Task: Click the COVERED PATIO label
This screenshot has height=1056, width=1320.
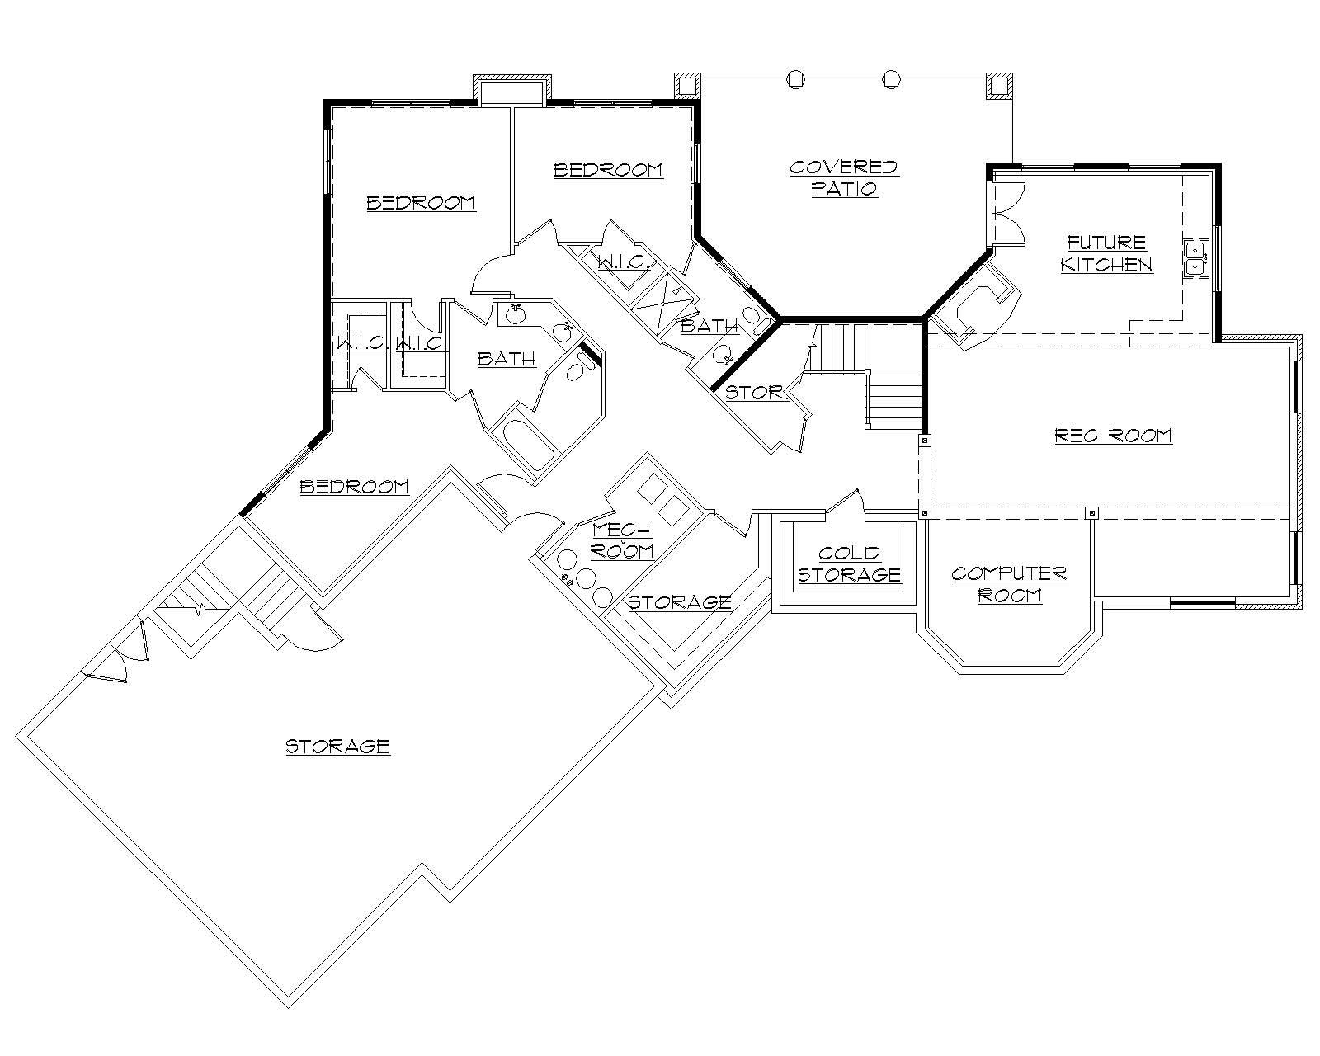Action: coord(843,177)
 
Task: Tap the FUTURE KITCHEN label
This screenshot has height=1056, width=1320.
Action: coord(1106,253)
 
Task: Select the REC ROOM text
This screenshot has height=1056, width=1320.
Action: coord(1113,436)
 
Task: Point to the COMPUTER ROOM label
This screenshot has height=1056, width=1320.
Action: coord(1009,584)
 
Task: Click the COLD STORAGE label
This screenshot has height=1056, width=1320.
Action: coord(849,563)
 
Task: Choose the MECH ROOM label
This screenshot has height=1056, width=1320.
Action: coord(622,540)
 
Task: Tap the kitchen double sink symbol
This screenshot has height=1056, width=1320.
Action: coord(1195,257)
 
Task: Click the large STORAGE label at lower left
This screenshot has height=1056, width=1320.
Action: coord(337,747)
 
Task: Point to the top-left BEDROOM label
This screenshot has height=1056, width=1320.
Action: coord(421,202)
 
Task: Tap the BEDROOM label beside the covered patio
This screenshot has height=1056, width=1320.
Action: coord(608,170)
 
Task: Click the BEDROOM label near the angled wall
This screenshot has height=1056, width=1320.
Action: coord(354,487)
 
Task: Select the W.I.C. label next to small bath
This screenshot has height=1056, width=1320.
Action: coord(625,263)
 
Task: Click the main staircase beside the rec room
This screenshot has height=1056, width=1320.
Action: coord(893,400)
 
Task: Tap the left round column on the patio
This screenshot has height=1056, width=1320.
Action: coord(794,79)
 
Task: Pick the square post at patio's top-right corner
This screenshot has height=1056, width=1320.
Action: coord(998,86)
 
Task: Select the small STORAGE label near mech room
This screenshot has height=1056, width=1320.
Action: coord(679,602)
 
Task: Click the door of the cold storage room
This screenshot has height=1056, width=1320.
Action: coord(845,502)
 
